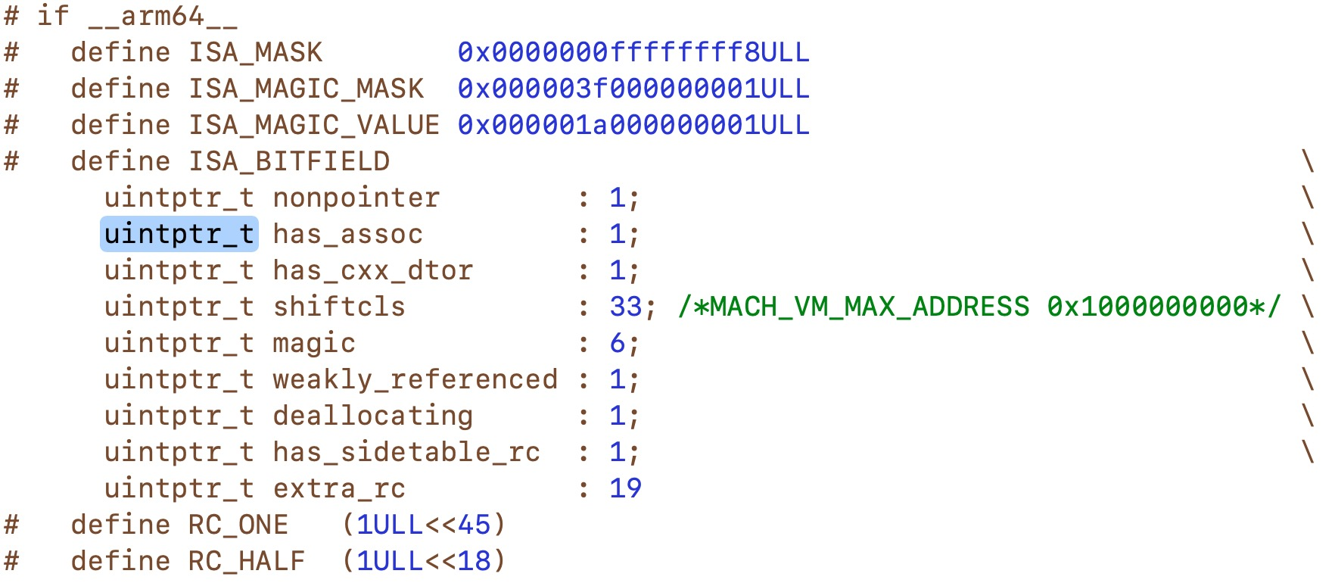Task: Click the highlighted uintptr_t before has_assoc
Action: pos(179,234)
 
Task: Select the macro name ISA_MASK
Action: pos(255,52)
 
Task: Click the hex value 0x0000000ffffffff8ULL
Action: pos(633,52)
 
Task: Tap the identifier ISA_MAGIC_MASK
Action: pos(306,89)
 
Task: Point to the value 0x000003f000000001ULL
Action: pos(633,89)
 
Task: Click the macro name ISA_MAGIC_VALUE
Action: pos(314,125)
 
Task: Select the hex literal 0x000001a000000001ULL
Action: pos(633,125)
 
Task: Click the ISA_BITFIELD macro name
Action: pos(289,161)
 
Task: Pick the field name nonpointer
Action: pos(356,198)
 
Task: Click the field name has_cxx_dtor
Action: pos(373,270)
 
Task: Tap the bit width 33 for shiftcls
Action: pos(626,307)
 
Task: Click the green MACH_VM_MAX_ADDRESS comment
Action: pos(979,307)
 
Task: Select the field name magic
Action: pos(314,343)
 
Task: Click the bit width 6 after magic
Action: pos(618,343)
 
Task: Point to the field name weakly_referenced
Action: pos(415,379)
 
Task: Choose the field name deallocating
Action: pos(373,416)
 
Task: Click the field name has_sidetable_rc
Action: pos(407,452)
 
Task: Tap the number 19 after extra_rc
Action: pos(626,488)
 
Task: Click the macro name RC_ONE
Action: pos(238,525)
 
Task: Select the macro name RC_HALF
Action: pos(247,561)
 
